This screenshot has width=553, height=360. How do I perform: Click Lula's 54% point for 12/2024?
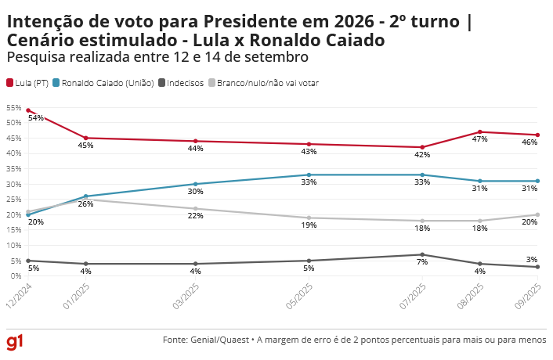click(28, 110)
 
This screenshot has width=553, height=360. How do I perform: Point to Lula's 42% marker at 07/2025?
click(422, 147)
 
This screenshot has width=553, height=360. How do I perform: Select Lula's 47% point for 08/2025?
click(480, 132)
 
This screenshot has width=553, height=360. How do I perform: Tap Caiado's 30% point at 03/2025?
click(195, 184)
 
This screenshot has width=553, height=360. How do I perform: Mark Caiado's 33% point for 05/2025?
click(309, 175)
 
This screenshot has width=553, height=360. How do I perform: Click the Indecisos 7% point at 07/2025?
click(422, 254)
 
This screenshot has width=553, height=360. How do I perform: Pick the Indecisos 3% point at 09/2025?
click(537, 267)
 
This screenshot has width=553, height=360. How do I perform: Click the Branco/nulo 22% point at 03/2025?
click(195, 208)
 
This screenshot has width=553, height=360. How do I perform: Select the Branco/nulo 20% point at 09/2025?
click(537, 214)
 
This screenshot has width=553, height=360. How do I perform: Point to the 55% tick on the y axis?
click(13, 107)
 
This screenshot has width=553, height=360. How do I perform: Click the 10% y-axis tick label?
click(13, 245)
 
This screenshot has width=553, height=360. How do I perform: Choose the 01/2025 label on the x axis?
click(75, 295)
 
